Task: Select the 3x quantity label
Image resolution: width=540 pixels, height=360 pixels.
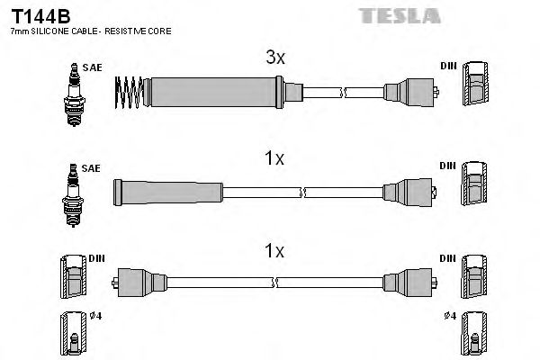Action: (274, 58)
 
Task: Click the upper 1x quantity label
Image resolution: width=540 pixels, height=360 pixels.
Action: (274, 158)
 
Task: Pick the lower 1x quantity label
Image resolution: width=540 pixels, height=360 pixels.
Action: (274, 251)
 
